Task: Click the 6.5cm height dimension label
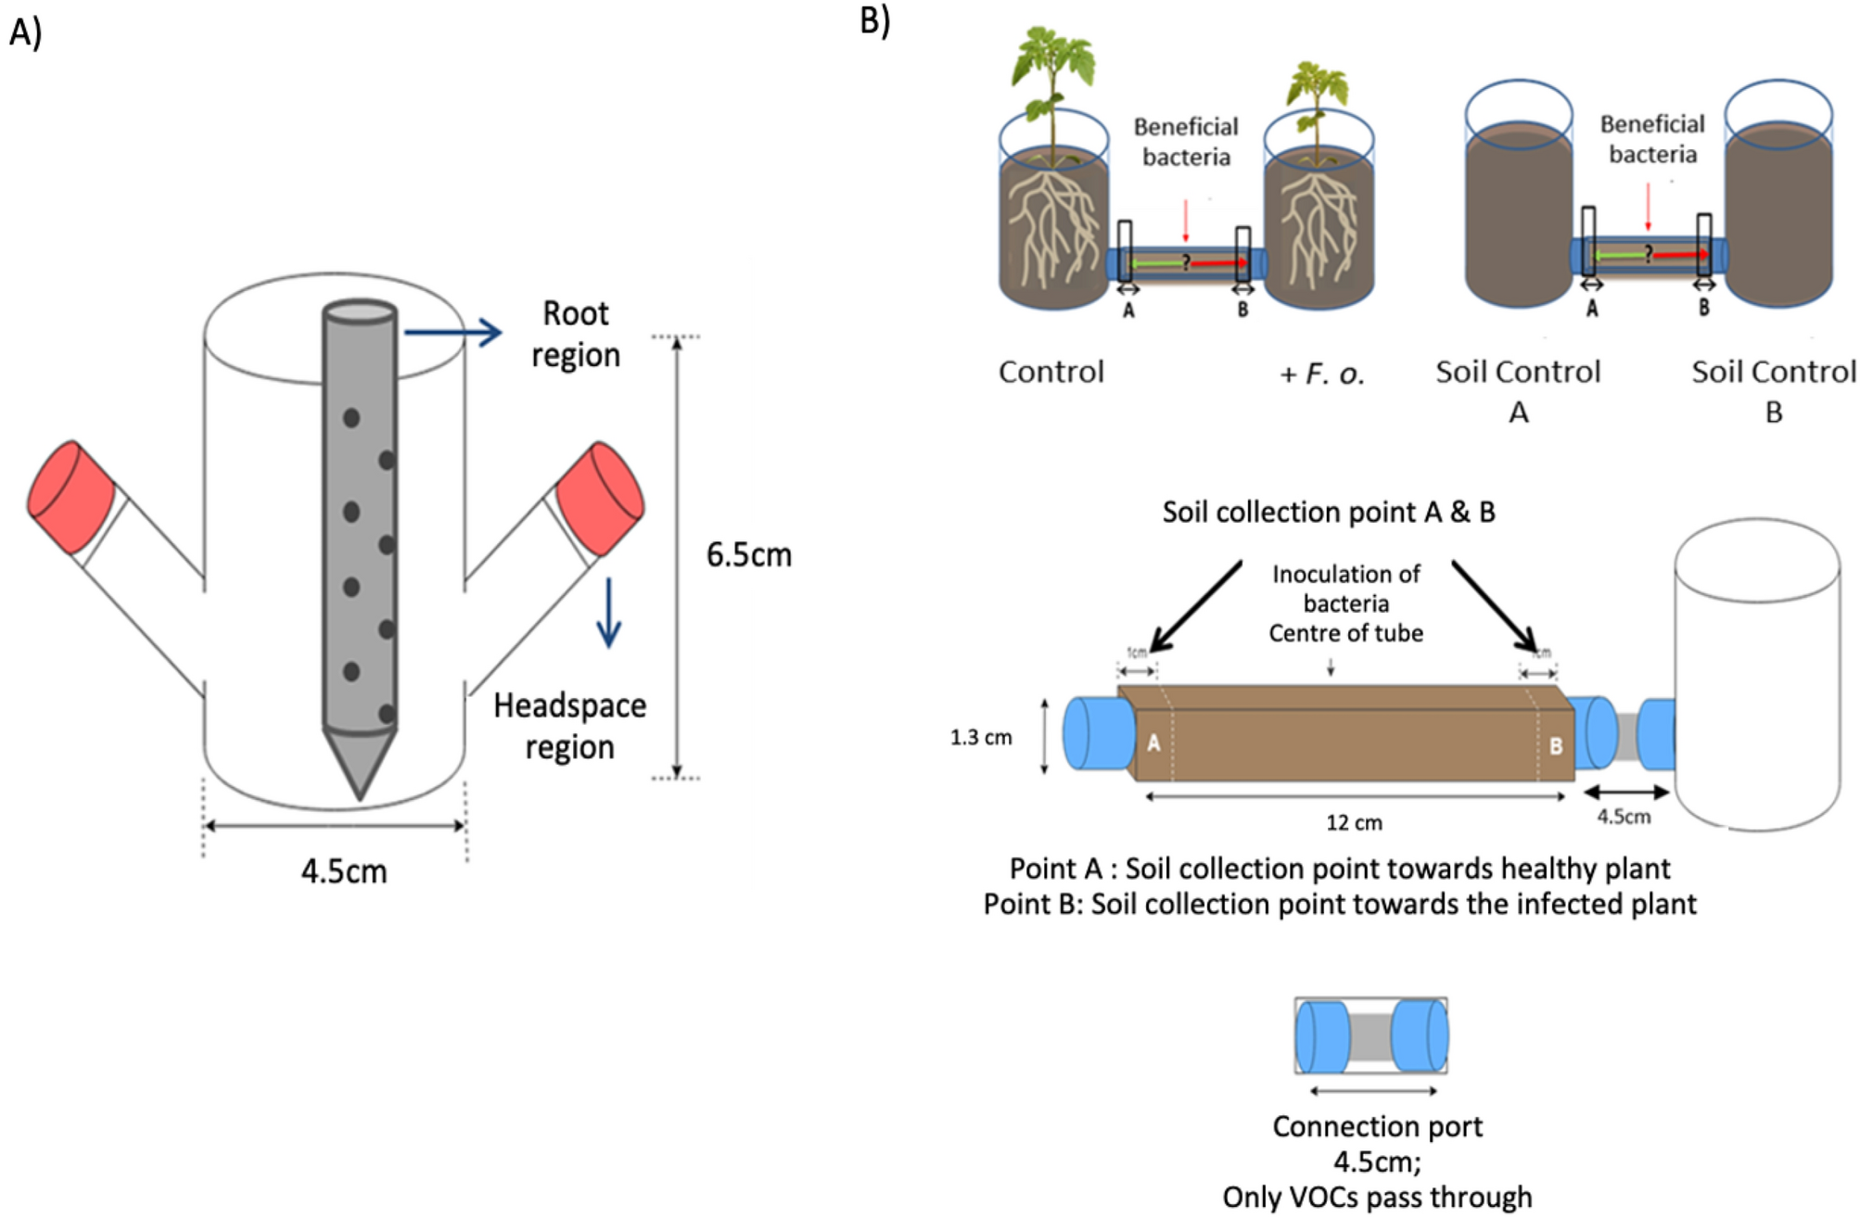pyautogui.click(x=748, y=554)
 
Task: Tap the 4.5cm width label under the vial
pyautogui.click(x=343, y=871)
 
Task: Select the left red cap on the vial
pyautogui.click(x=70, y=497)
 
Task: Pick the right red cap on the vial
pyautogui.click(x=600, y=499)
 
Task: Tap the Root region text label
pyautogui.click(x=575, y=334)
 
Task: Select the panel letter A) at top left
pyautogui.click(x=25, y=32)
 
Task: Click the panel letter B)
pyautogui.click(x=874, y=20)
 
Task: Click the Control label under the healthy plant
pyautogui.click(x=1051, y=372)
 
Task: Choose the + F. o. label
pyautogui.click(x=1321, y=374)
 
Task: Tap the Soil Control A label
pyautogui.click(x=1518, y=390)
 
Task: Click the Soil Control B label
pyautogui.click(x=1773, y=390)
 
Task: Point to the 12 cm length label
pyautogui.click(x=1354, y=822)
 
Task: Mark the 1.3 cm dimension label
pyautogui.click(x=981, y=738)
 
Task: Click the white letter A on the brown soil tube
pyautogui.click(x=1153, y=742)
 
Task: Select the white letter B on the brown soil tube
pyautogui.click(x=1555, y=745)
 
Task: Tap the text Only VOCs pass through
pyautogui.click(x=1377, y=1197)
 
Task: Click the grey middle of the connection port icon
pyautogui.click(x=1370, y=1035)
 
